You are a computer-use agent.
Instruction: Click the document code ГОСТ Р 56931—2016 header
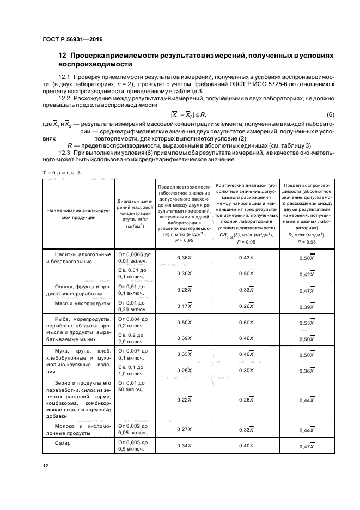pos(72,39)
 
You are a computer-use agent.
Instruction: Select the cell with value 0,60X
pos(246,323)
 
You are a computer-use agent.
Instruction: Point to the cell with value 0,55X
pos(308,323)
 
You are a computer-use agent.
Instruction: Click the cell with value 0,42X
pos(308,274)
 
